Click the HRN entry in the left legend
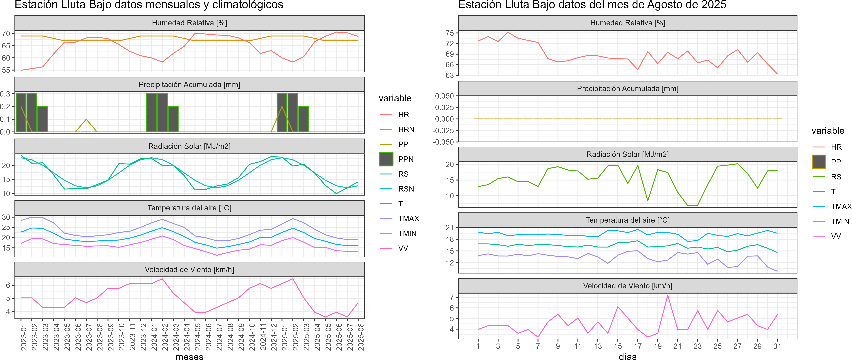(406, 129)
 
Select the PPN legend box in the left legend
(386, 159)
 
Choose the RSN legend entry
(406, 189)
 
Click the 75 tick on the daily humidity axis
(450, 33)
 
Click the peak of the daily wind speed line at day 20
(668, 295)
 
